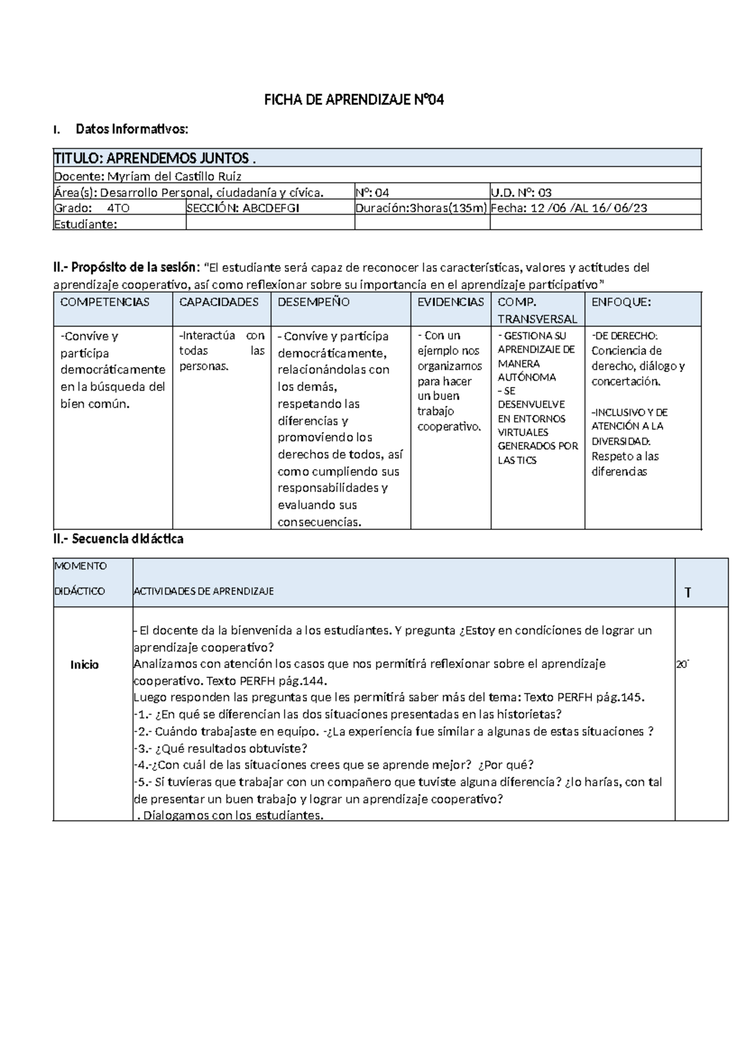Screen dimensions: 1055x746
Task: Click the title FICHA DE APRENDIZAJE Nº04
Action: point(354,100)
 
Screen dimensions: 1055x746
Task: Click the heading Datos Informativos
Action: point(131,129)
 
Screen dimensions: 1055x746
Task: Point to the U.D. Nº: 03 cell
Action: point(521,192)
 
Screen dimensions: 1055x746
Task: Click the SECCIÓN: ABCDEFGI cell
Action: point(243,208)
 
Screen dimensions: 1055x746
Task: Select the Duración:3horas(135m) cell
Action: point(421,208)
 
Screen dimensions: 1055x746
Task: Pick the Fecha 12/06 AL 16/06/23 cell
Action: point(569,208)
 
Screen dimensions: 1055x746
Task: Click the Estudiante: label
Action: point(86,225)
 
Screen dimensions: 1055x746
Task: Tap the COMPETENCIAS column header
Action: point(104,302)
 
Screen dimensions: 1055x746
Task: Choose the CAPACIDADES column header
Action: point(219,302)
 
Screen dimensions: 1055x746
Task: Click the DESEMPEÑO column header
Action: point(313,302)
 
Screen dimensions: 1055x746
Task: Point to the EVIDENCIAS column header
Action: point(451,302)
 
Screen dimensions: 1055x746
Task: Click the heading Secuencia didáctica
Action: point(118,539)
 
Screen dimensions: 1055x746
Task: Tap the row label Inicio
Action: point(85,665)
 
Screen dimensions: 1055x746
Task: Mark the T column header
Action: point(688,593)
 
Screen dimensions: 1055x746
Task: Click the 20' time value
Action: point(683,665)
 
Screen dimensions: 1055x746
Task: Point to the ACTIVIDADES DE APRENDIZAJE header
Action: point(203,591)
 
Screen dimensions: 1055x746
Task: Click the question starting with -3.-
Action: point(221,748)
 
